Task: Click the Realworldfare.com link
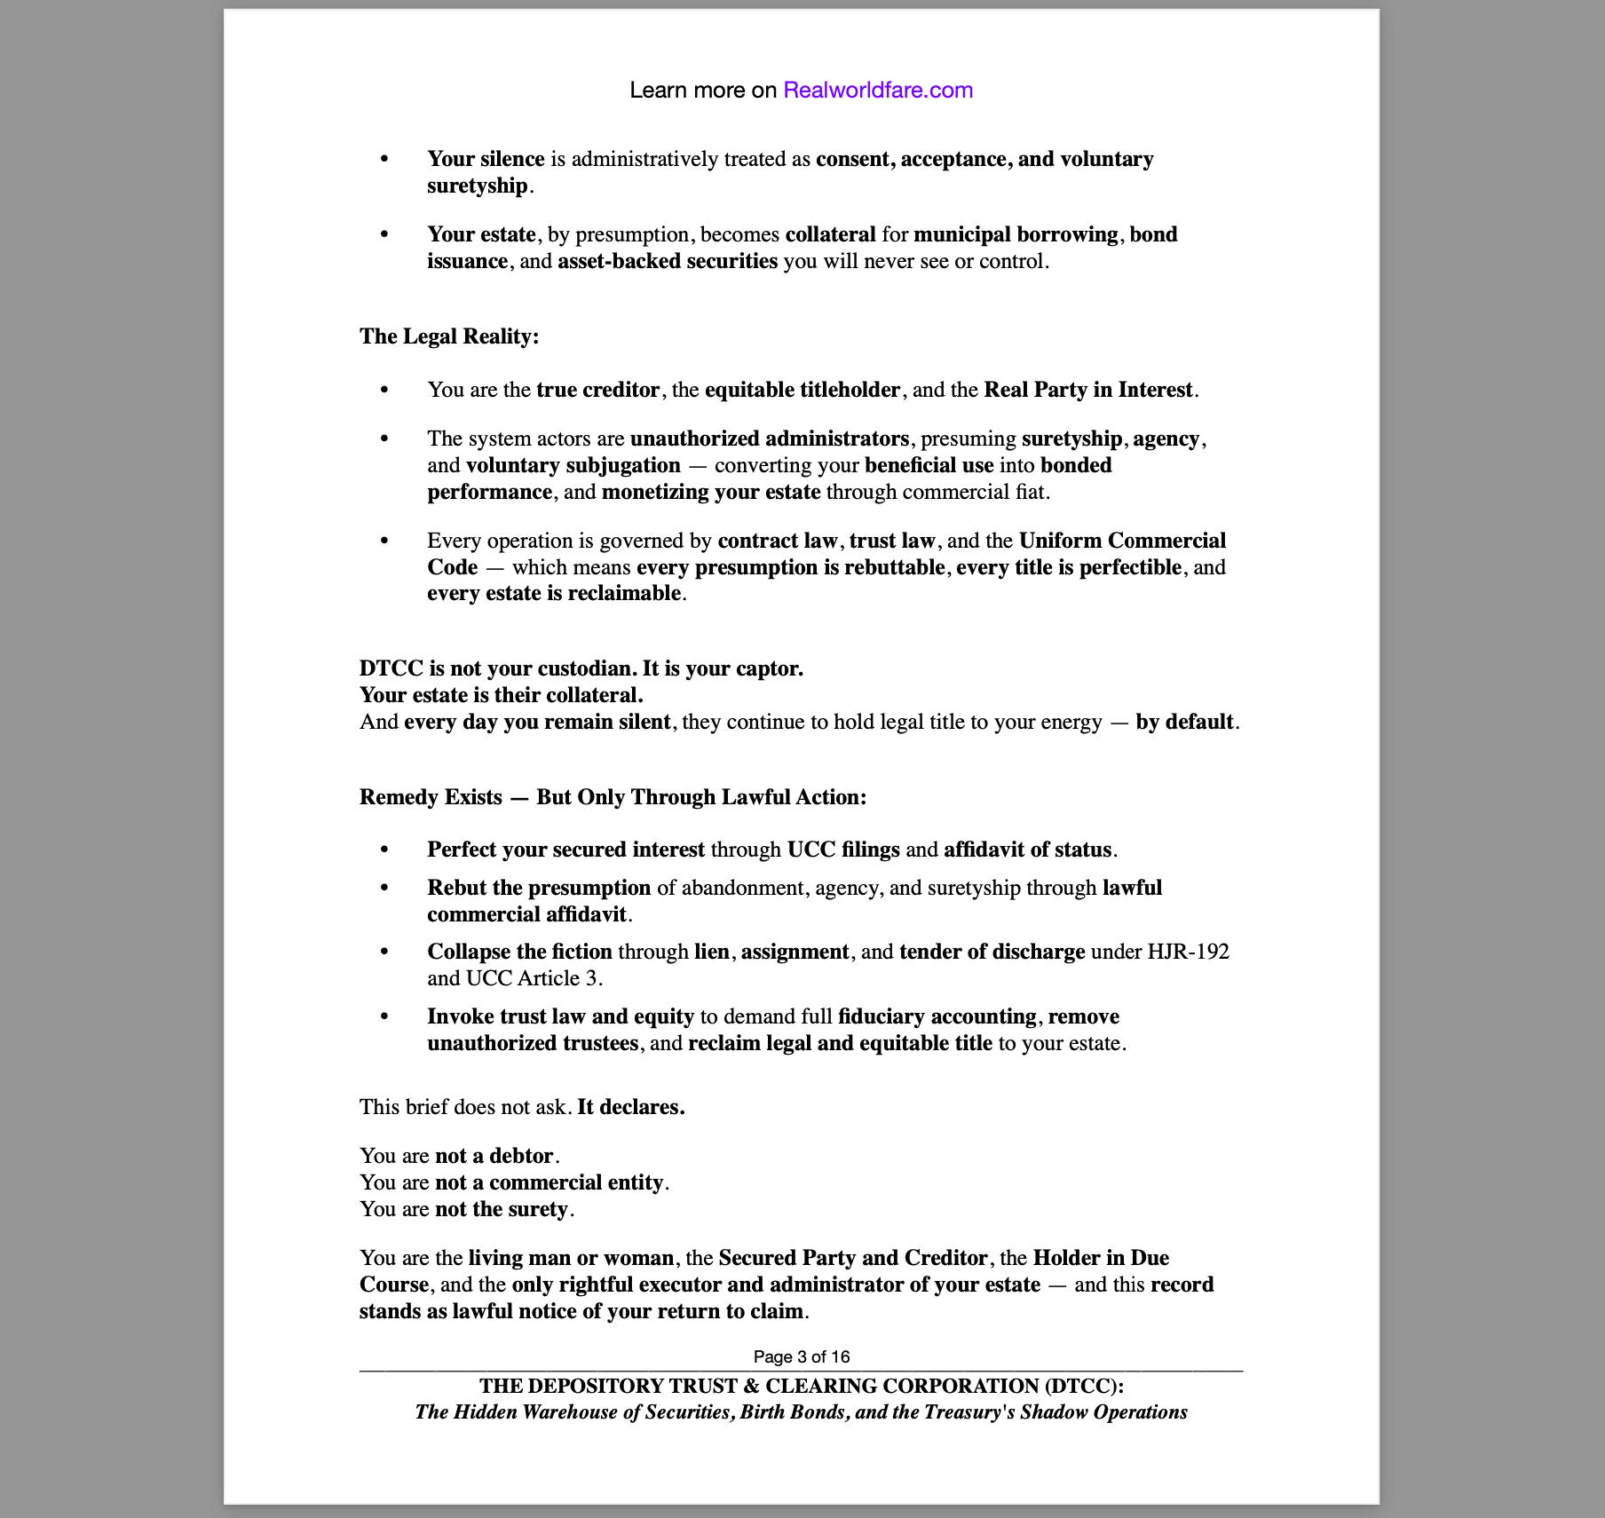877,90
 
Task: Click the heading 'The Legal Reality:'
449,336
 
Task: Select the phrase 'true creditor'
597,390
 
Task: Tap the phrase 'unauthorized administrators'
770,439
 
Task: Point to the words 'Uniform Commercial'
1122,541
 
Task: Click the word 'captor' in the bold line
770,668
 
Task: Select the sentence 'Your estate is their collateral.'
501,695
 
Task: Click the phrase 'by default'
1184,722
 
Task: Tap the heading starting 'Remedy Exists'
613,797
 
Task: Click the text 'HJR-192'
1188,952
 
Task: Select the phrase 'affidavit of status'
1027,850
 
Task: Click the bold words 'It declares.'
630,1107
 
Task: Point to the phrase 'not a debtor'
494,1156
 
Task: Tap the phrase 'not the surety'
502,1209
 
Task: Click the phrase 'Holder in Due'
1101,1258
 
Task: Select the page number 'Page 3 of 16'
802,1356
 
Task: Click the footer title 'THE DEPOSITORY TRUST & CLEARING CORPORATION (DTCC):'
802,1386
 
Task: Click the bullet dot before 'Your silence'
384,159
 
